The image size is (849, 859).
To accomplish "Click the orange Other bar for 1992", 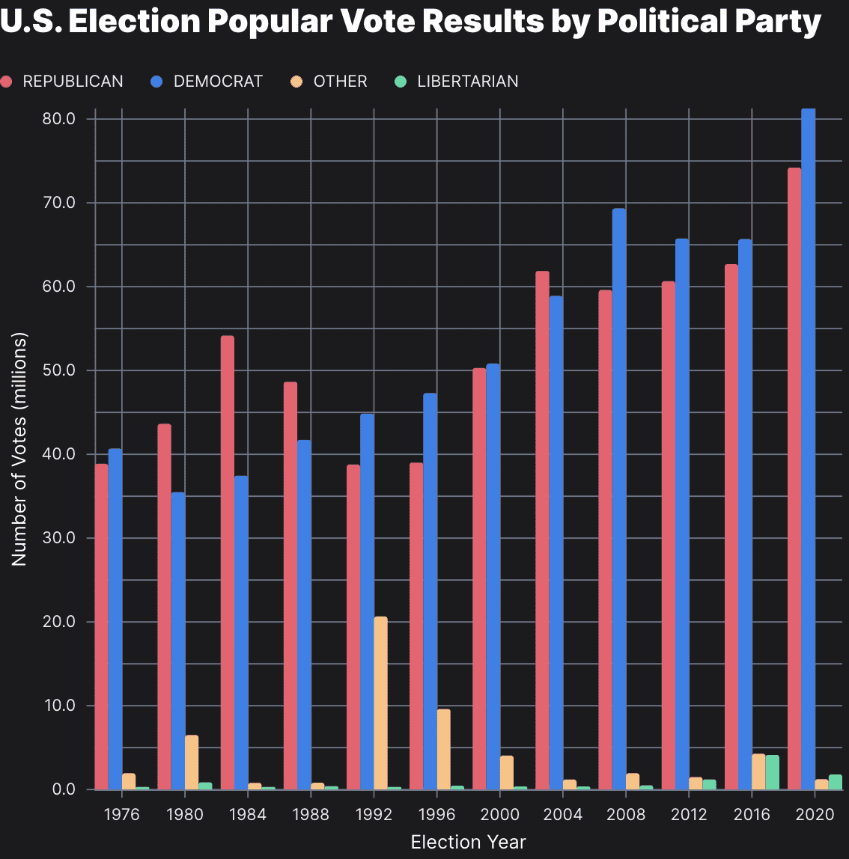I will pos(380,703).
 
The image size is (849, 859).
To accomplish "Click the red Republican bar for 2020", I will pos(794,479).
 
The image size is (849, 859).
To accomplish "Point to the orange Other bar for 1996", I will pos(443,749).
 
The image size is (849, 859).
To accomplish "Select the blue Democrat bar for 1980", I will pos(177,641).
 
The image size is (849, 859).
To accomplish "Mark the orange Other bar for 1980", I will pos(192,762).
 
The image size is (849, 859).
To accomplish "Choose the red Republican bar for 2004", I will pos(542,531).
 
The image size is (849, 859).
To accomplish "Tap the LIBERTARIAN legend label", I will pos(467,82).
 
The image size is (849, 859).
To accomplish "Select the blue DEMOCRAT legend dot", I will pos(156,82).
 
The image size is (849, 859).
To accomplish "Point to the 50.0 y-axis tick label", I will pos(59,371).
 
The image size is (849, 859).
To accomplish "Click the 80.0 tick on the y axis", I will pos(59,119).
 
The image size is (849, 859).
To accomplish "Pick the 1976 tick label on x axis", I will pos(122,815).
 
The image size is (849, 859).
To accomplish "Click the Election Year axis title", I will pos(468,842).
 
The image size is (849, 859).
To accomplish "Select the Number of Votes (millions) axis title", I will pos(19,449).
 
